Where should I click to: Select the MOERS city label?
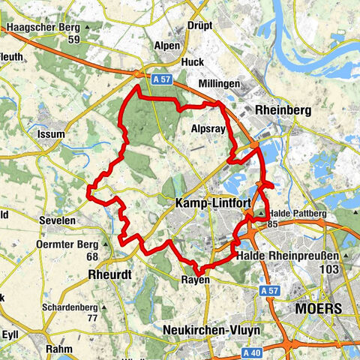pyautogui.click(x=319, y=308)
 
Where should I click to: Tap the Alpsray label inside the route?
pyautogui.click(x=207, y=128)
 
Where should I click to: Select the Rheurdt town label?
pyautogui.click(x=109, y=274)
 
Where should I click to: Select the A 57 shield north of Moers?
pyautogui.click(x=274, y=290)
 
